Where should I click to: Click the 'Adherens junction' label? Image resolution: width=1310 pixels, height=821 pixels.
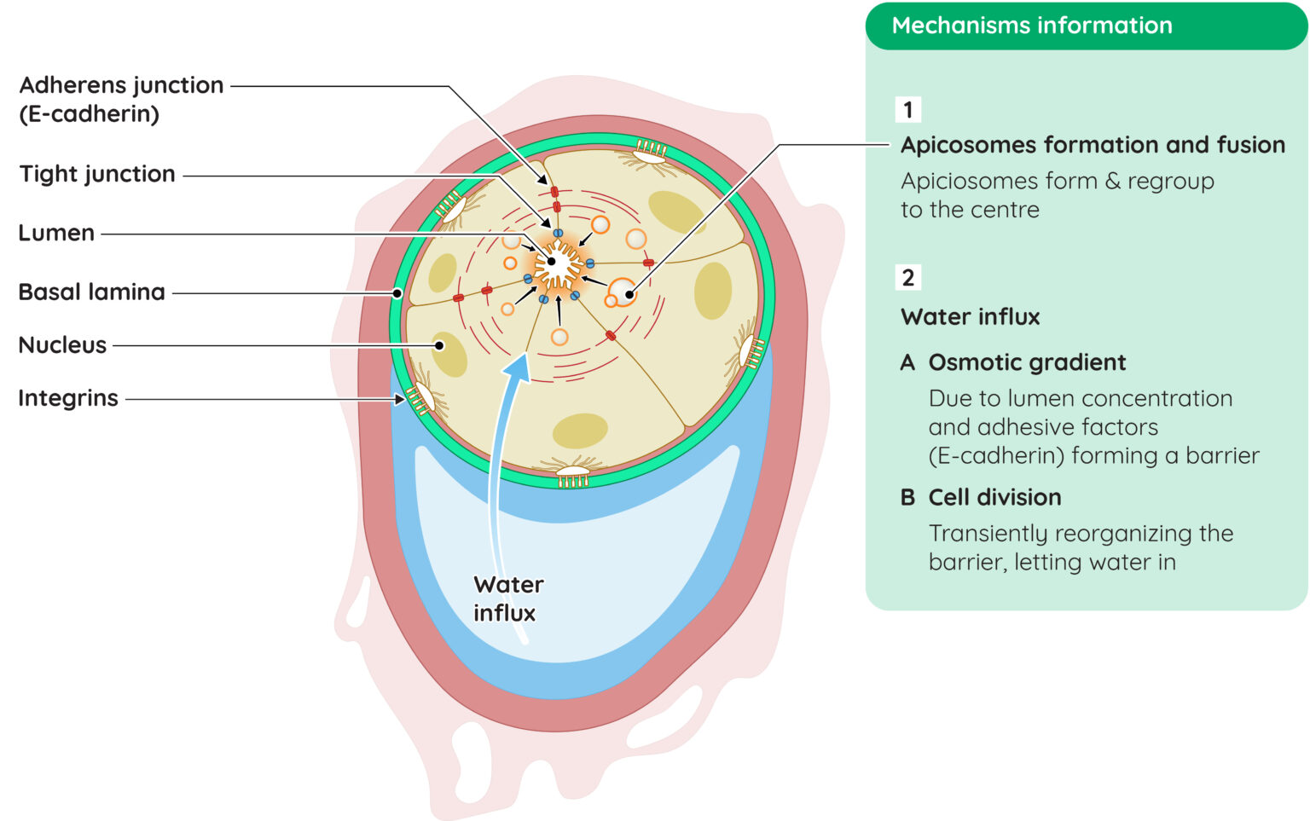tap(122, 85)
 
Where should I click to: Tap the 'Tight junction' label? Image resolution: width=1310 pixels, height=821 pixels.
tap(97, 174)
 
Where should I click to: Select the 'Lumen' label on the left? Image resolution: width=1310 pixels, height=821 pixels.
tap(56, 233)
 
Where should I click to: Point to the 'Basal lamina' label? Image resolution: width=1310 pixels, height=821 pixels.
tap(92, 292)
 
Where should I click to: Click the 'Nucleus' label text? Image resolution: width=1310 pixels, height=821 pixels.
tap(62, 345)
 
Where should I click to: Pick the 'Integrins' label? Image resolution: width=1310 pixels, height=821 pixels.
tap(68, 398)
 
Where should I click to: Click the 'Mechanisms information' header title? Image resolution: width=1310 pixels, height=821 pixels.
tap(1032, 25)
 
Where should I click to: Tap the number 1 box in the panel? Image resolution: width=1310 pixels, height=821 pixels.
tap(908, 110)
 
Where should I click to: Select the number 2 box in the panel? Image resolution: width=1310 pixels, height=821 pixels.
tap(908, 278)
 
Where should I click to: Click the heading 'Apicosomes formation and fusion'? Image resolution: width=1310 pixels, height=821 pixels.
tap(1093, 145)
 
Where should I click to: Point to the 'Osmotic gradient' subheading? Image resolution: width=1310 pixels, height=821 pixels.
tap(1027, 362)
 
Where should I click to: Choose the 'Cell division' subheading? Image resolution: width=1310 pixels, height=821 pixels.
tap(994, 498)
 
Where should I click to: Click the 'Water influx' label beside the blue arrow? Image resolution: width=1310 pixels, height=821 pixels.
tap(508, 598)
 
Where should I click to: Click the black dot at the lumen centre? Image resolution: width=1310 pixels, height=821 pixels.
tap(552, 262)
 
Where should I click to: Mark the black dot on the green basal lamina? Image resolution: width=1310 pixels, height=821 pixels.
tap(397, 293)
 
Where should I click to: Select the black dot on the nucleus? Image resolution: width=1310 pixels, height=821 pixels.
tap(439, 345)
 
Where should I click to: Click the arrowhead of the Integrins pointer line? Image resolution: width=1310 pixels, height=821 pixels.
tap(400, 399)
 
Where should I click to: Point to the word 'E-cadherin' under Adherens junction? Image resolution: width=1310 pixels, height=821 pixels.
tap(89, 114)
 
